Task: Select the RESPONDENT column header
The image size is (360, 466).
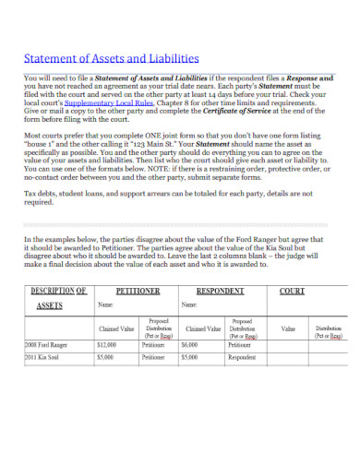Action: coord(219,290)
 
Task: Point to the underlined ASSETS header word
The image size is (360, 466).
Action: coord(50,304)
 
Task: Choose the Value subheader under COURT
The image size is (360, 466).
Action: coord(288,329)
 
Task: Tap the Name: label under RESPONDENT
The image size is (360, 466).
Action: coord(188,305)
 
